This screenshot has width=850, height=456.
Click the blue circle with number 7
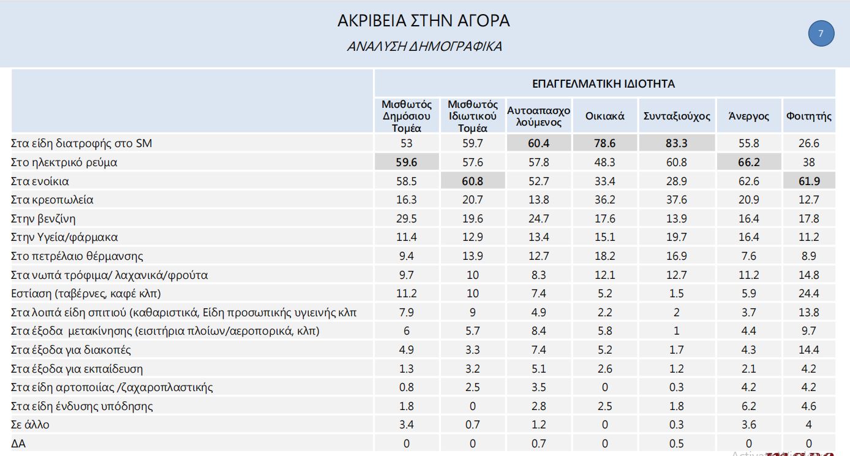click(821, 34)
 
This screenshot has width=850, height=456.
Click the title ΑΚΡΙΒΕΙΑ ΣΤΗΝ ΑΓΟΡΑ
click(423, 21)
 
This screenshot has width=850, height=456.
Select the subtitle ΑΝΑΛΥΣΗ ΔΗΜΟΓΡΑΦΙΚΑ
click(424, 47)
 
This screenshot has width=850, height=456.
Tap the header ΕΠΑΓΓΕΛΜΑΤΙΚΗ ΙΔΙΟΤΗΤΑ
click(604, 83)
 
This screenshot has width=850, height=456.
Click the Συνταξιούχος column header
click(677, 115)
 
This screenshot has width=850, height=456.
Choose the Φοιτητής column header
click(808, 115)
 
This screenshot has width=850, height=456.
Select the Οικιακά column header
click(604, 115)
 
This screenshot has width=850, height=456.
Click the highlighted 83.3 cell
click(676, 143)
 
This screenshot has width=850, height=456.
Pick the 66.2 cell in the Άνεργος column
click(748, 162)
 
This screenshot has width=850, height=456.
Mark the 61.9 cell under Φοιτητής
click(808, 181)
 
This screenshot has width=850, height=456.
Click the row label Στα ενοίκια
click(40, 181)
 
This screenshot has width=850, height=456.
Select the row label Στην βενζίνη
click(43, 219)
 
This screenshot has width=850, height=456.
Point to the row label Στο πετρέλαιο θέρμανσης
click(77, 256)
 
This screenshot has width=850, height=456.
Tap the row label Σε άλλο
click(30, 425)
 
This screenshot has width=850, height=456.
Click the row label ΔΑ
click(18, 443)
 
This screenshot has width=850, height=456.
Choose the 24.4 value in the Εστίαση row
click(808, 294)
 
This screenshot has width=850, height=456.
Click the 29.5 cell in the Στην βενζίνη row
click(406, 219)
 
